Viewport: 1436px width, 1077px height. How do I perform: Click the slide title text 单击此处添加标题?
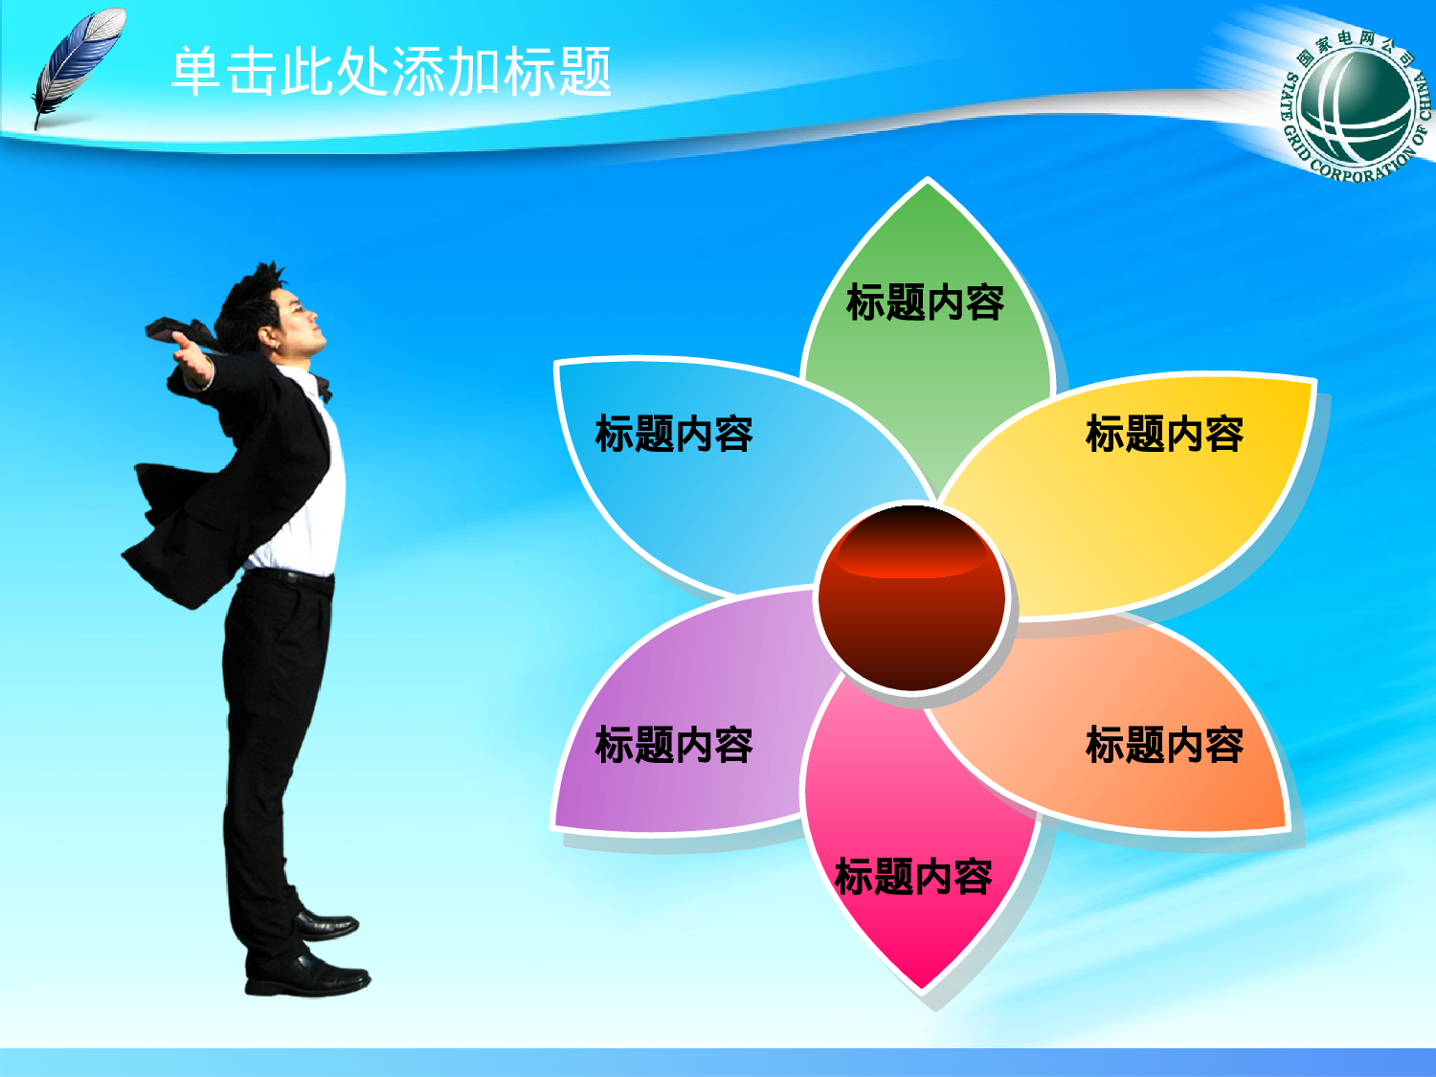391,72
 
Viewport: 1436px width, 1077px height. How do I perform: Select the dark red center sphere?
911,598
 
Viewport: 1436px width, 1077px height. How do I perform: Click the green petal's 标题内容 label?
925,303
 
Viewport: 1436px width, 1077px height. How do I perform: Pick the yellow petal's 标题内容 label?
1164,434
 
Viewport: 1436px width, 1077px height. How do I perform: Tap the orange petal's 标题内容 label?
1164,745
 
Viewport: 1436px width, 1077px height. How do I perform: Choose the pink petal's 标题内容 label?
913,877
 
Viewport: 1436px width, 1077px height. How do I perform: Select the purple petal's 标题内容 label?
674,745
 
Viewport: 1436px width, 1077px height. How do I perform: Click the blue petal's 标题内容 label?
674,434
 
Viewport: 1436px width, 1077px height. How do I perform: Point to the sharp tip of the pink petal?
923,986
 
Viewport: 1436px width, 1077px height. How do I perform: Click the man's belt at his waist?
287,577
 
